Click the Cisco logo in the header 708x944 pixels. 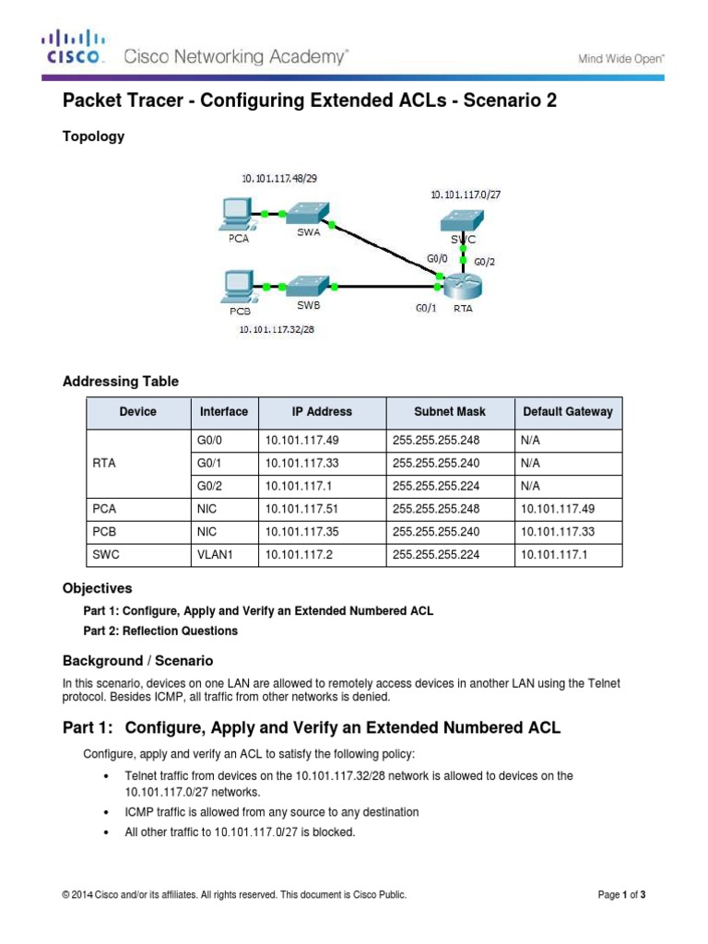[x=73, y=49]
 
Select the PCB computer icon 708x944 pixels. [x=238, y=285]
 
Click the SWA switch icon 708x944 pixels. [x=306, y=214]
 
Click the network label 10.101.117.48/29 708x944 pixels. [x=280, y=178]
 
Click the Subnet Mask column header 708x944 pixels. [x=449, y=412]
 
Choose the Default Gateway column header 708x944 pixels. [x=567, y=412]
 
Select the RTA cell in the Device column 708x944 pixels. [x=104, y=463]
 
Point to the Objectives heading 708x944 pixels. [x=97, y=588]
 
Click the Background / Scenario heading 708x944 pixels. [x=137, y=660]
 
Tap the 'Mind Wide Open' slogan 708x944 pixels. [x=620, y=59]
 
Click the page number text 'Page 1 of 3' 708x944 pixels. [x=622, y=894]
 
